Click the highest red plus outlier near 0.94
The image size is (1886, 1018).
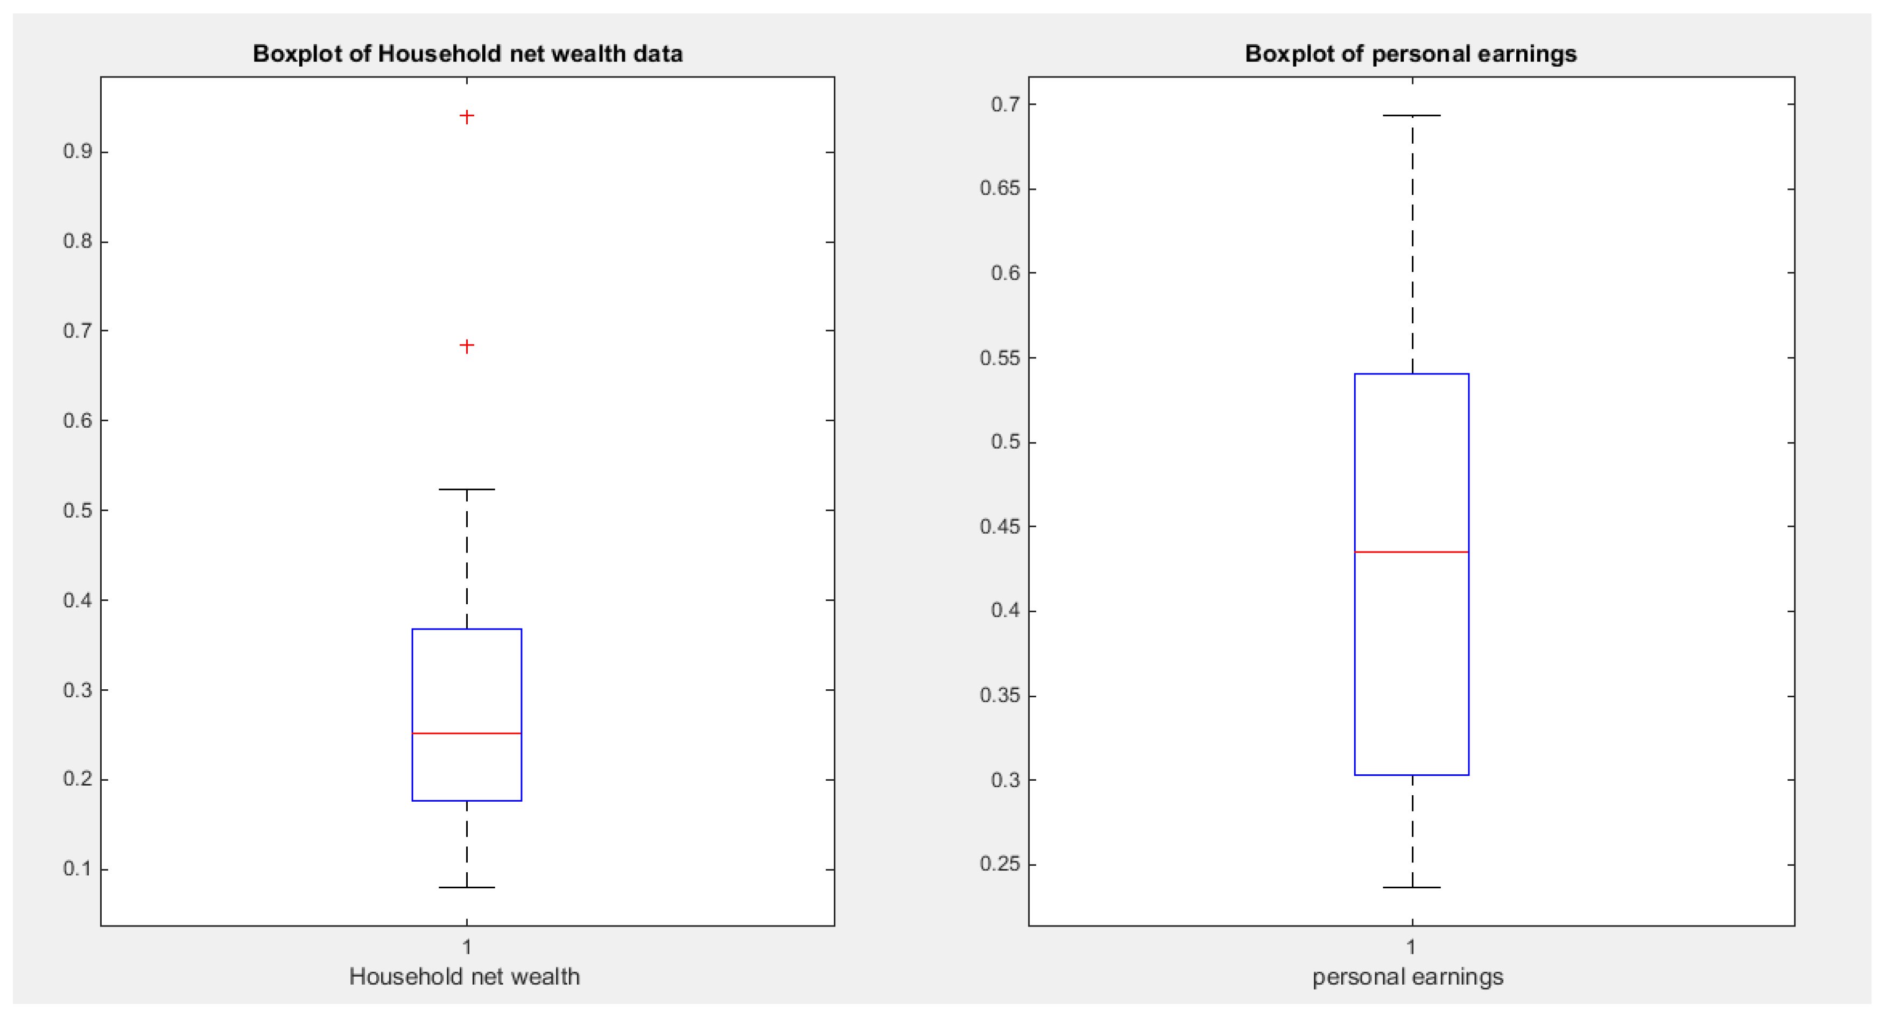[466, 116]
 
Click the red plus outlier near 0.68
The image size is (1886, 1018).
[466, 345]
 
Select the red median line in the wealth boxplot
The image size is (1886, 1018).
[466, 733]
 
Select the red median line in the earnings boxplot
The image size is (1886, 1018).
[1412, 552]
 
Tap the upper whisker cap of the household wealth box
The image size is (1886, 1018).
[466, 489]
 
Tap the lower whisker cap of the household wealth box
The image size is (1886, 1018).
[466, 888]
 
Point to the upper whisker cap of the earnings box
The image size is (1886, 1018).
[1412, 116]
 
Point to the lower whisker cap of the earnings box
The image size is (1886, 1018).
[1412, 888]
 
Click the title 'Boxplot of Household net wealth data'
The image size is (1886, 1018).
[467, 53]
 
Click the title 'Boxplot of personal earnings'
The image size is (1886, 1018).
[1411, 53]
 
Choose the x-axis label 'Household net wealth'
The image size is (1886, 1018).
[464, 976]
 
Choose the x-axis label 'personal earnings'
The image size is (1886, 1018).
[1407, 976]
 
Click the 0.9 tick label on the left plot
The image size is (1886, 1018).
[77, 152]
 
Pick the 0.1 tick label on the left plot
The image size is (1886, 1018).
[77, 869]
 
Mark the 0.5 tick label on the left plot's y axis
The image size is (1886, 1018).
[77, 510]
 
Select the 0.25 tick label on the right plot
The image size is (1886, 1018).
[1000, 864]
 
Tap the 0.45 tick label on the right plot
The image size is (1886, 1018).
[1000, 526]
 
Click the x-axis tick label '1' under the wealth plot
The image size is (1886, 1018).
[466, 947]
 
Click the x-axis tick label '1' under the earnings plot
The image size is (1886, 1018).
[1411, 947]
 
